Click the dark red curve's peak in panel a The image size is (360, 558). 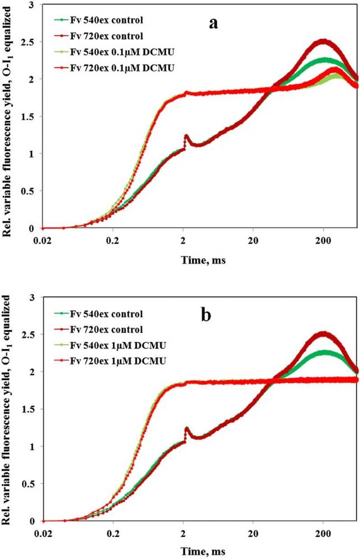(x=325, y=40)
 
